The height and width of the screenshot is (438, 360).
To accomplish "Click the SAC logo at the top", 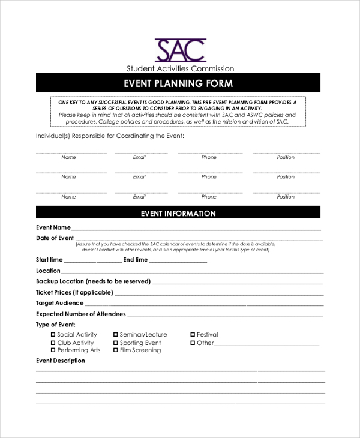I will point(180,50).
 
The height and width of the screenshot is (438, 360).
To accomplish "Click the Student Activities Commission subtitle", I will point(180,68).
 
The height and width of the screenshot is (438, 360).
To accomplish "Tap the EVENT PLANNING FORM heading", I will point(178,83).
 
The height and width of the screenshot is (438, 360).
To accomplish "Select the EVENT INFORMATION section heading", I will point(178,213).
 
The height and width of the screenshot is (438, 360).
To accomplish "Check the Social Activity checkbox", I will point(53,335).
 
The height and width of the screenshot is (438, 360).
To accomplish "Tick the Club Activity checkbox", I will point(53,343).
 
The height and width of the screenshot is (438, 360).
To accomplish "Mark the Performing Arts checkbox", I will point(53,350).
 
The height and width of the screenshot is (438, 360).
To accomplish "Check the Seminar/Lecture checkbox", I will point(116,335).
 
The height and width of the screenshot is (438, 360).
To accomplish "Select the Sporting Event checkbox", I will point(116,343).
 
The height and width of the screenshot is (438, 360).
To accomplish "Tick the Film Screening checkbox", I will point(116,350).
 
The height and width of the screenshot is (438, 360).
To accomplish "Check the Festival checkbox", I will point(193,335).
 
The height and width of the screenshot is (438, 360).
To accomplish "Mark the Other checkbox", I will point(193,343).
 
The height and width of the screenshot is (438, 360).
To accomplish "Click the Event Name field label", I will point(53,227).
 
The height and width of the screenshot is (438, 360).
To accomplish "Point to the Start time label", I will point(49,260).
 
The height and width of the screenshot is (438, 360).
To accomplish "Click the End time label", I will point(135,260).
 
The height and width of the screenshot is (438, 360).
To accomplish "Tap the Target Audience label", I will point(59,303).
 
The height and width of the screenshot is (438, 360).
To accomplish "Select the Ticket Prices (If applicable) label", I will point(74,292).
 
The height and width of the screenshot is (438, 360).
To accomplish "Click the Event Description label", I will point(61,361).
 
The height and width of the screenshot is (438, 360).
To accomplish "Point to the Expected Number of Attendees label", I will point(81,314).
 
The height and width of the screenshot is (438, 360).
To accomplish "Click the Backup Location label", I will point(93,281).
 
